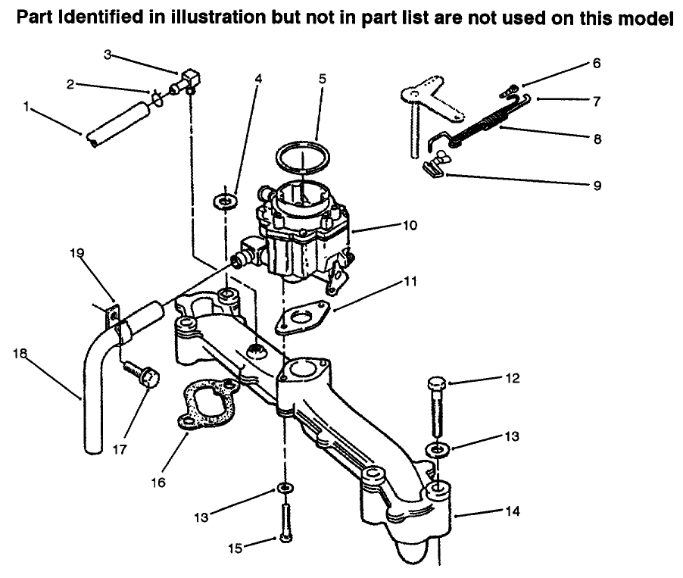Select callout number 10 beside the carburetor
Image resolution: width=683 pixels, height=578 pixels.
[410, 225]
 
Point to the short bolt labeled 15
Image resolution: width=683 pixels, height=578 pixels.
[285, 522]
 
